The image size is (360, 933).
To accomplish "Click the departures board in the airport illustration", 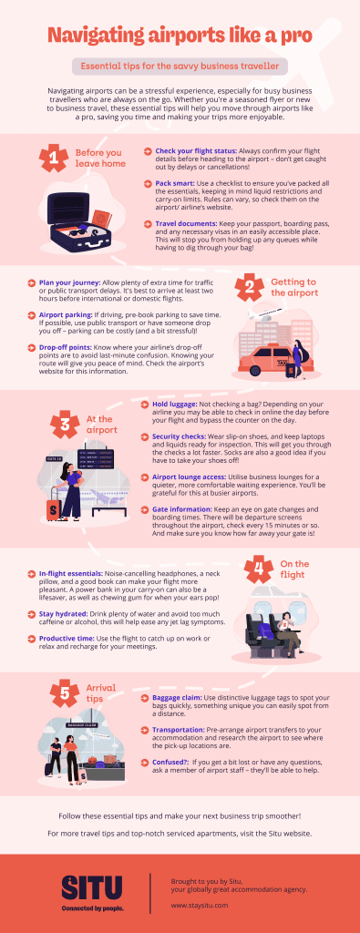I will pos(100,456).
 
